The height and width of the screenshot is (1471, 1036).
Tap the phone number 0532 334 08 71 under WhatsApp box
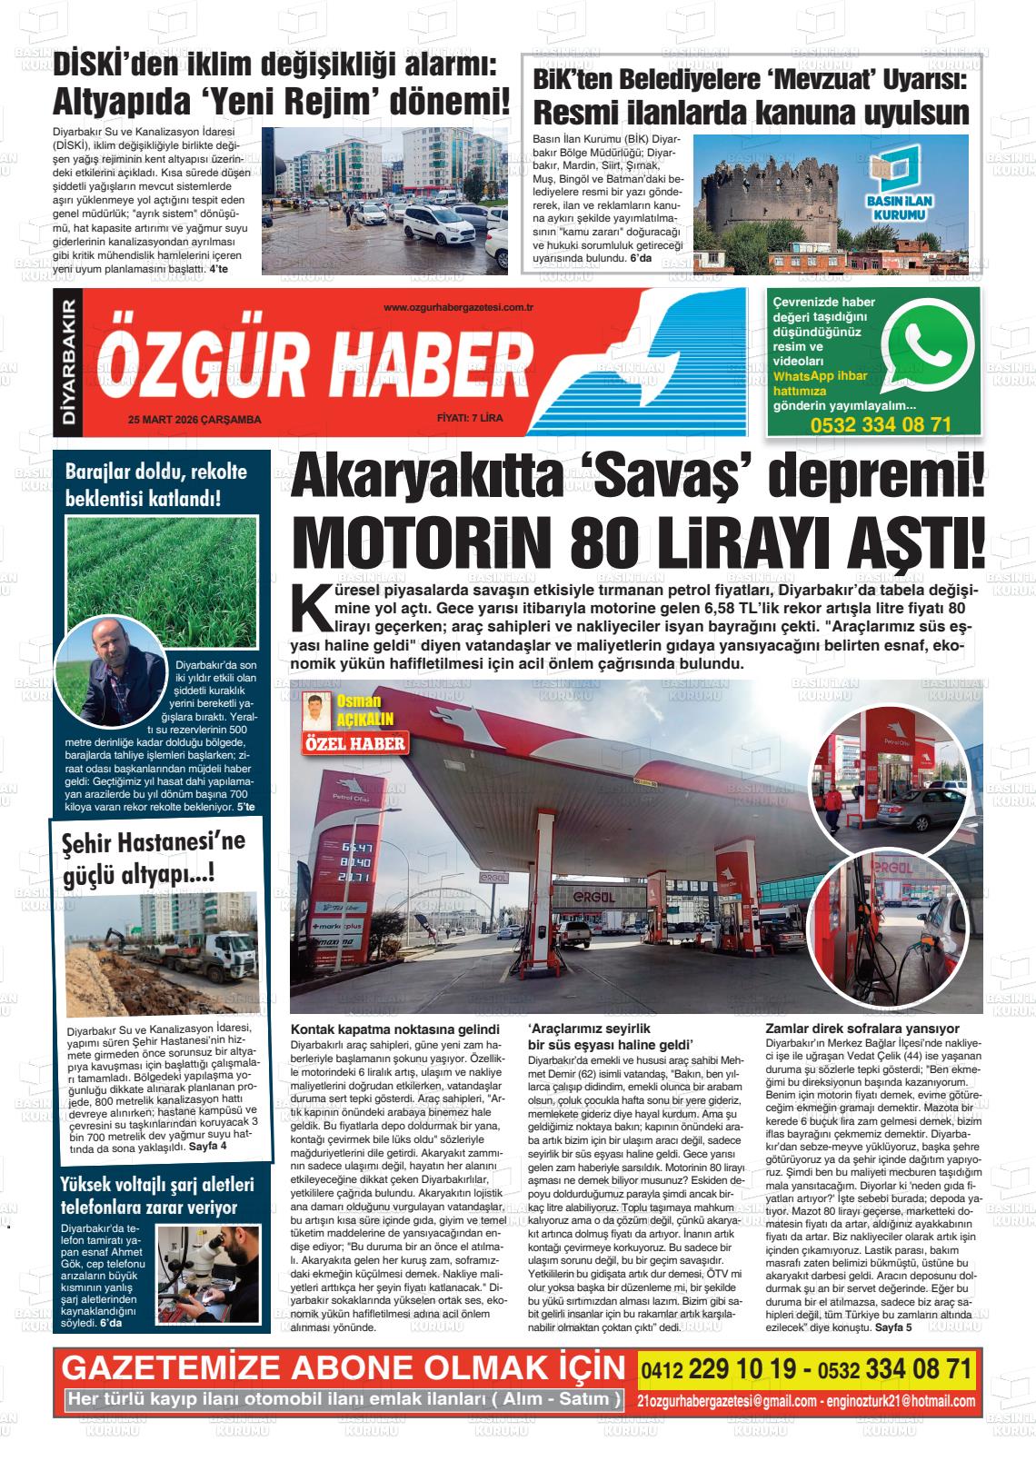click(x=881, y=424)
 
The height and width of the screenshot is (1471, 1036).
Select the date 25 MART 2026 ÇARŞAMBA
click(x=194, y=420)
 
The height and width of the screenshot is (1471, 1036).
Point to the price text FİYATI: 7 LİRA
click(x=476, y=419)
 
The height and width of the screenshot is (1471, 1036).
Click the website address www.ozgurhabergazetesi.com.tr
click(x=458, y=308)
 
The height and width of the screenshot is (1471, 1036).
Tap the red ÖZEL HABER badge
click(x=354, y=743)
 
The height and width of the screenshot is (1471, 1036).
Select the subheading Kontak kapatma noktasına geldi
click(x=395, y=1029)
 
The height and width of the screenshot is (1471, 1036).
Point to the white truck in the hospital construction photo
click(x=218, y=968)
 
